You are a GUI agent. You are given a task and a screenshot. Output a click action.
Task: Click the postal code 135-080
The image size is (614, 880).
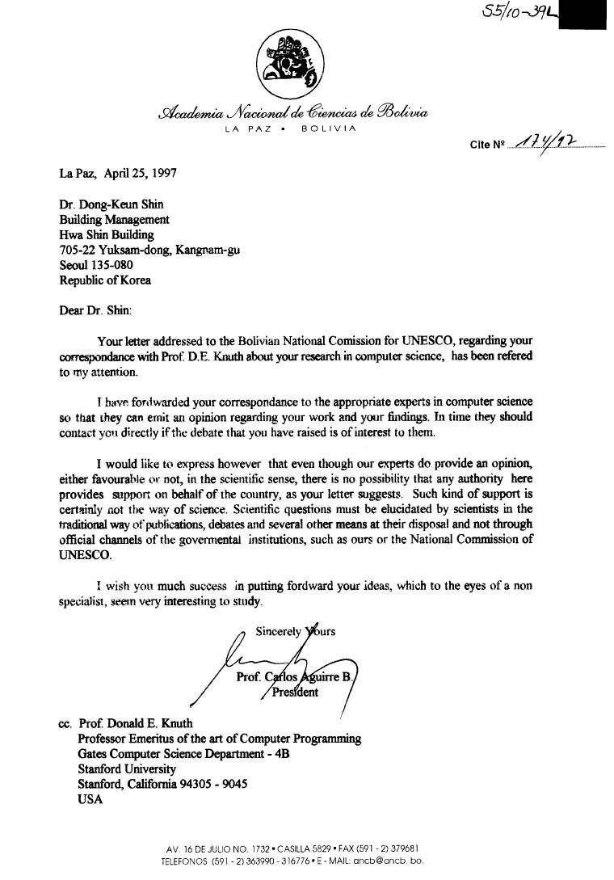(113, 265)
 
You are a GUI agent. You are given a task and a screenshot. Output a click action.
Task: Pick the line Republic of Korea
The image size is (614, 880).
(105, 280)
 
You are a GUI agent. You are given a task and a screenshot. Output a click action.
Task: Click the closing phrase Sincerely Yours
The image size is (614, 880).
(295, 631)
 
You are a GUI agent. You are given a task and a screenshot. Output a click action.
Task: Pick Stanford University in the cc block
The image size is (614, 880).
(126, 769)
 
